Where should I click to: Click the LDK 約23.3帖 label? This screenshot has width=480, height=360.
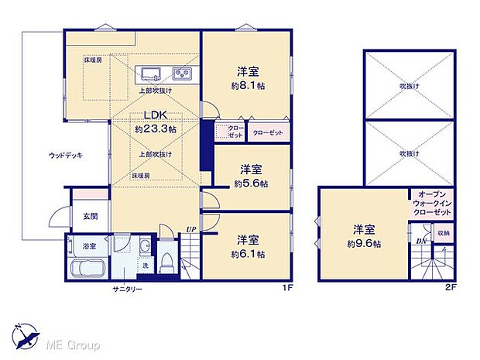[155, 124]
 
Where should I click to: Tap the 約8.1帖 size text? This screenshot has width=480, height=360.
[249, 87]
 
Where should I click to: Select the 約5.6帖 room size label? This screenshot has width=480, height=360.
[251, 183]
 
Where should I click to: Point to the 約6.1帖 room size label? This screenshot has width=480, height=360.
[249, 253]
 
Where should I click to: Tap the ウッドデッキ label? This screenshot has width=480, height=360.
[65, 156]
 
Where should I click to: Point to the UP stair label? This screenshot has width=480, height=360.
[190, 229]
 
